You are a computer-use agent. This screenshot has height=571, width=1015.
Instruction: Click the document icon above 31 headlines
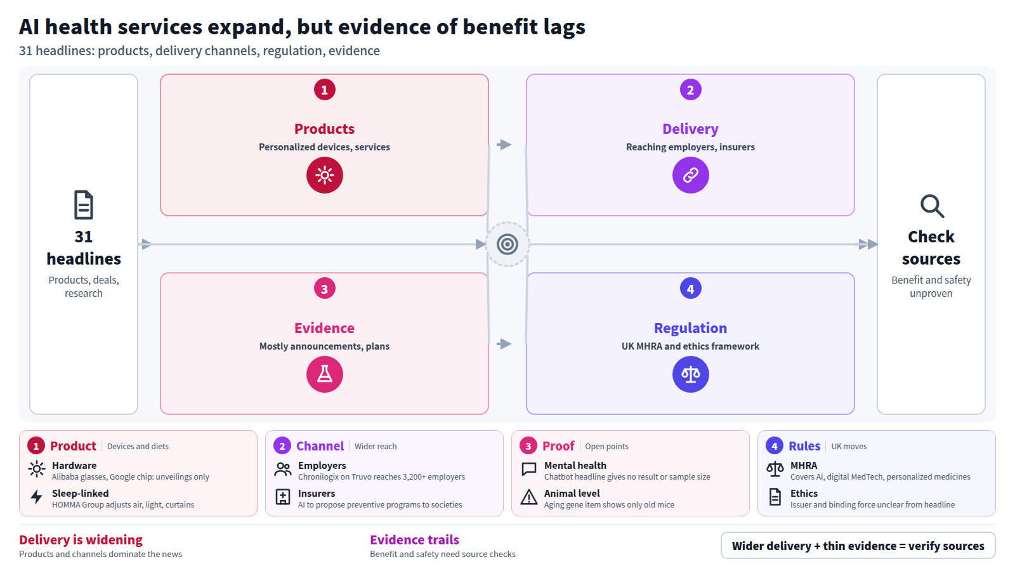point(83,206)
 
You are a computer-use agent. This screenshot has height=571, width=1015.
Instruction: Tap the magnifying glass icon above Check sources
point(932,207)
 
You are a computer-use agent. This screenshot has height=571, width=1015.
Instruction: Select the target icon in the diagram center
point(507,244)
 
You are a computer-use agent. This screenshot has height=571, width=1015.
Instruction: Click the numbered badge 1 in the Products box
point(324,89)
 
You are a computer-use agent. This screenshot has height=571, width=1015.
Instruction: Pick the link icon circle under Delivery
point(690,175)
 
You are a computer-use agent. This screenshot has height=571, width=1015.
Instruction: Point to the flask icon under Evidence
point(324,374)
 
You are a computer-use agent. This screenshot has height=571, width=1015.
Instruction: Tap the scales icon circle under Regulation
point(690,374)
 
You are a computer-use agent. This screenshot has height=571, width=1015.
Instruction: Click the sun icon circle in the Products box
point(324,175)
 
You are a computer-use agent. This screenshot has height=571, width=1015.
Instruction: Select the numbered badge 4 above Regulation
point(690,289)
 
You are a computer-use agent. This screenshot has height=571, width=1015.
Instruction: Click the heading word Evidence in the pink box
point(324,327)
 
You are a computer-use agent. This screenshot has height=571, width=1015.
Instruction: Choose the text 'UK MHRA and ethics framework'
point(690,346)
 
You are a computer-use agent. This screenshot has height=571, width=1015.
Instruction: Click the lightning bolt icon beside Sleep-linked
point(37,497)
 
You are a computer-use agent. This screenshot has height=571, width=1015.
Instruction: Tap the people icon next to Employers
point(283,469)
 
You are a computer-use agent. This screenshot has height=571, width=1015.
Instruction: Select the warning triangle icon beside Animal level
point(529,497)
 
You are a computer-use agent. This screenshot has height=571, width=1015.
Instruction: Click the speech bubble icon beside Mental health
point(529,469)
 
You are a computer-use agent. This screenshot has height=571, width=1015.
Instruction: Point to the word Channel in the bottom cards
point(320,446)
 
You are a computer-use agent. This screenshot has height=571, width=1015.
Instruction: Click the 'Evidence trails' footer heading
point(414,540)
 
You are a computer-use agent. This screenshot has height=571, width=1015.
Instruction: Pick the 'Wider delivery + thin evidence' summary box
point(858,546)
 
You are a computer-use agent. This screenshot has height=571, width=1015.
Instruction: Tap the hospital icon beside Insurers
point(283,497)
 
